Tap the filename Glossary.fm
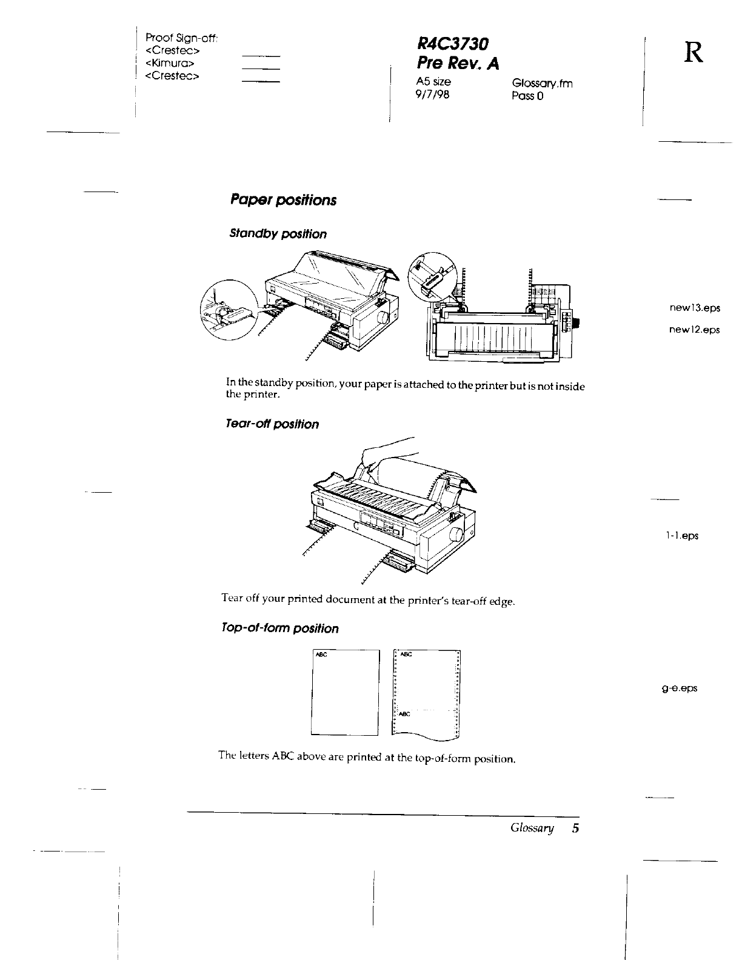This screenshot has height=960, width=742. tap(542, 83)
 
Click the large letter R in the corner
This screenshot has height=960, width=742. tap(694, 53)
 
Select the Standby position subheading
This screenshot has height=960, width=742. tap(278, 234)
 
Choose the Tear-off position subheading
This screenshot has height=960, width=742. tap(272, 424)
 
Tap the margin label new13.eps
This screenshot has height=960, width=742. tap(695, 308)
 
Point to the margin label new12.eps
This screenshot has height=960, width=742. tap(695, 330)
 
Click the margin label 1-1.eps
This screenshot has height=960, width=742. tap(682, 536)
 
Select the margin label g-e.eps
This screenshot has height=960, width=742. tap(680, 688)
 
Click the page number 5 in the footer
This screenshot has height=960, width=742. tap(575, 828)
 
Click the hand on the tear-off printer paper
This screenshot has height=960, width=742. tap(388, 452)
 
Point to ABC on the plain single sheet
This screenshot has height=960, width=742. tap(321, 655)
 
